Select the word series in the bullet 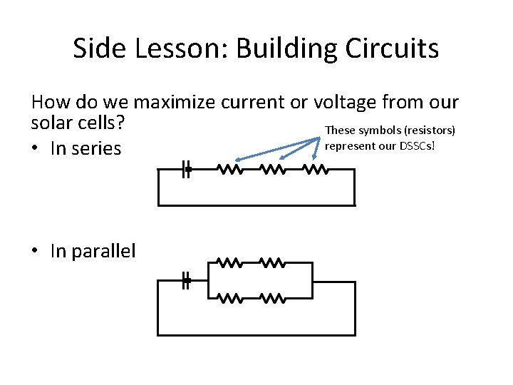click(x=97, y=148)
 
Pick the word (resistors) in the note click(x=430, y=130)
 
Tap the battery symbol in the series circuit click(x=186, y=170)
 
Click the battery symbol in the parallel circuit click(x=186, y=281)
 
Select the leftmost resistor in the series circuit click(x=230, y=170)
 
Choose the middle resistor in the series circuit click(x=273, y=170)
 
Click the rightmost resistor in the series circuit click(x=316, y=170)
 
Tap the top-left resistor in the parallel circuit click(x=230, y=263)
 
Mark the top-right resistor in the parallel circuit click(x=273, y=263)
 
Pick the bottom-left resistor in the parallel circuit click(x=230, y=298)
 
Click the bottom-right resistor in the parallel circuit click(x=273, y=298)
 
